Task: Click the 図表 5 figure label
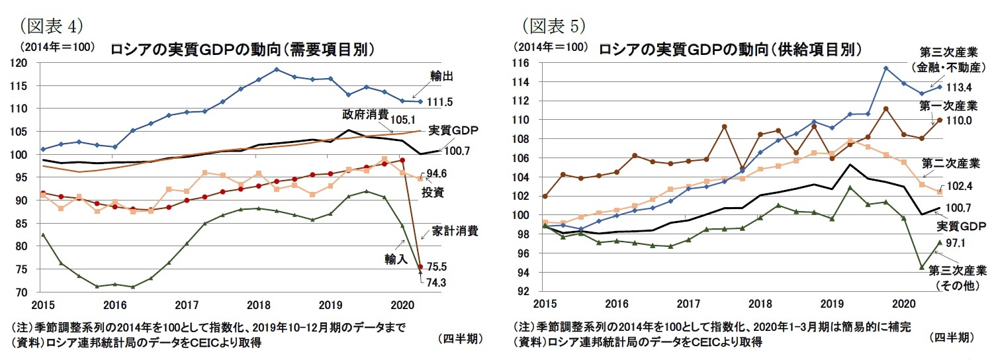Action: click(553, 27)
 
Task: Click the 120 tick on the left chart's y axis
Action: click(21, 63)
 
